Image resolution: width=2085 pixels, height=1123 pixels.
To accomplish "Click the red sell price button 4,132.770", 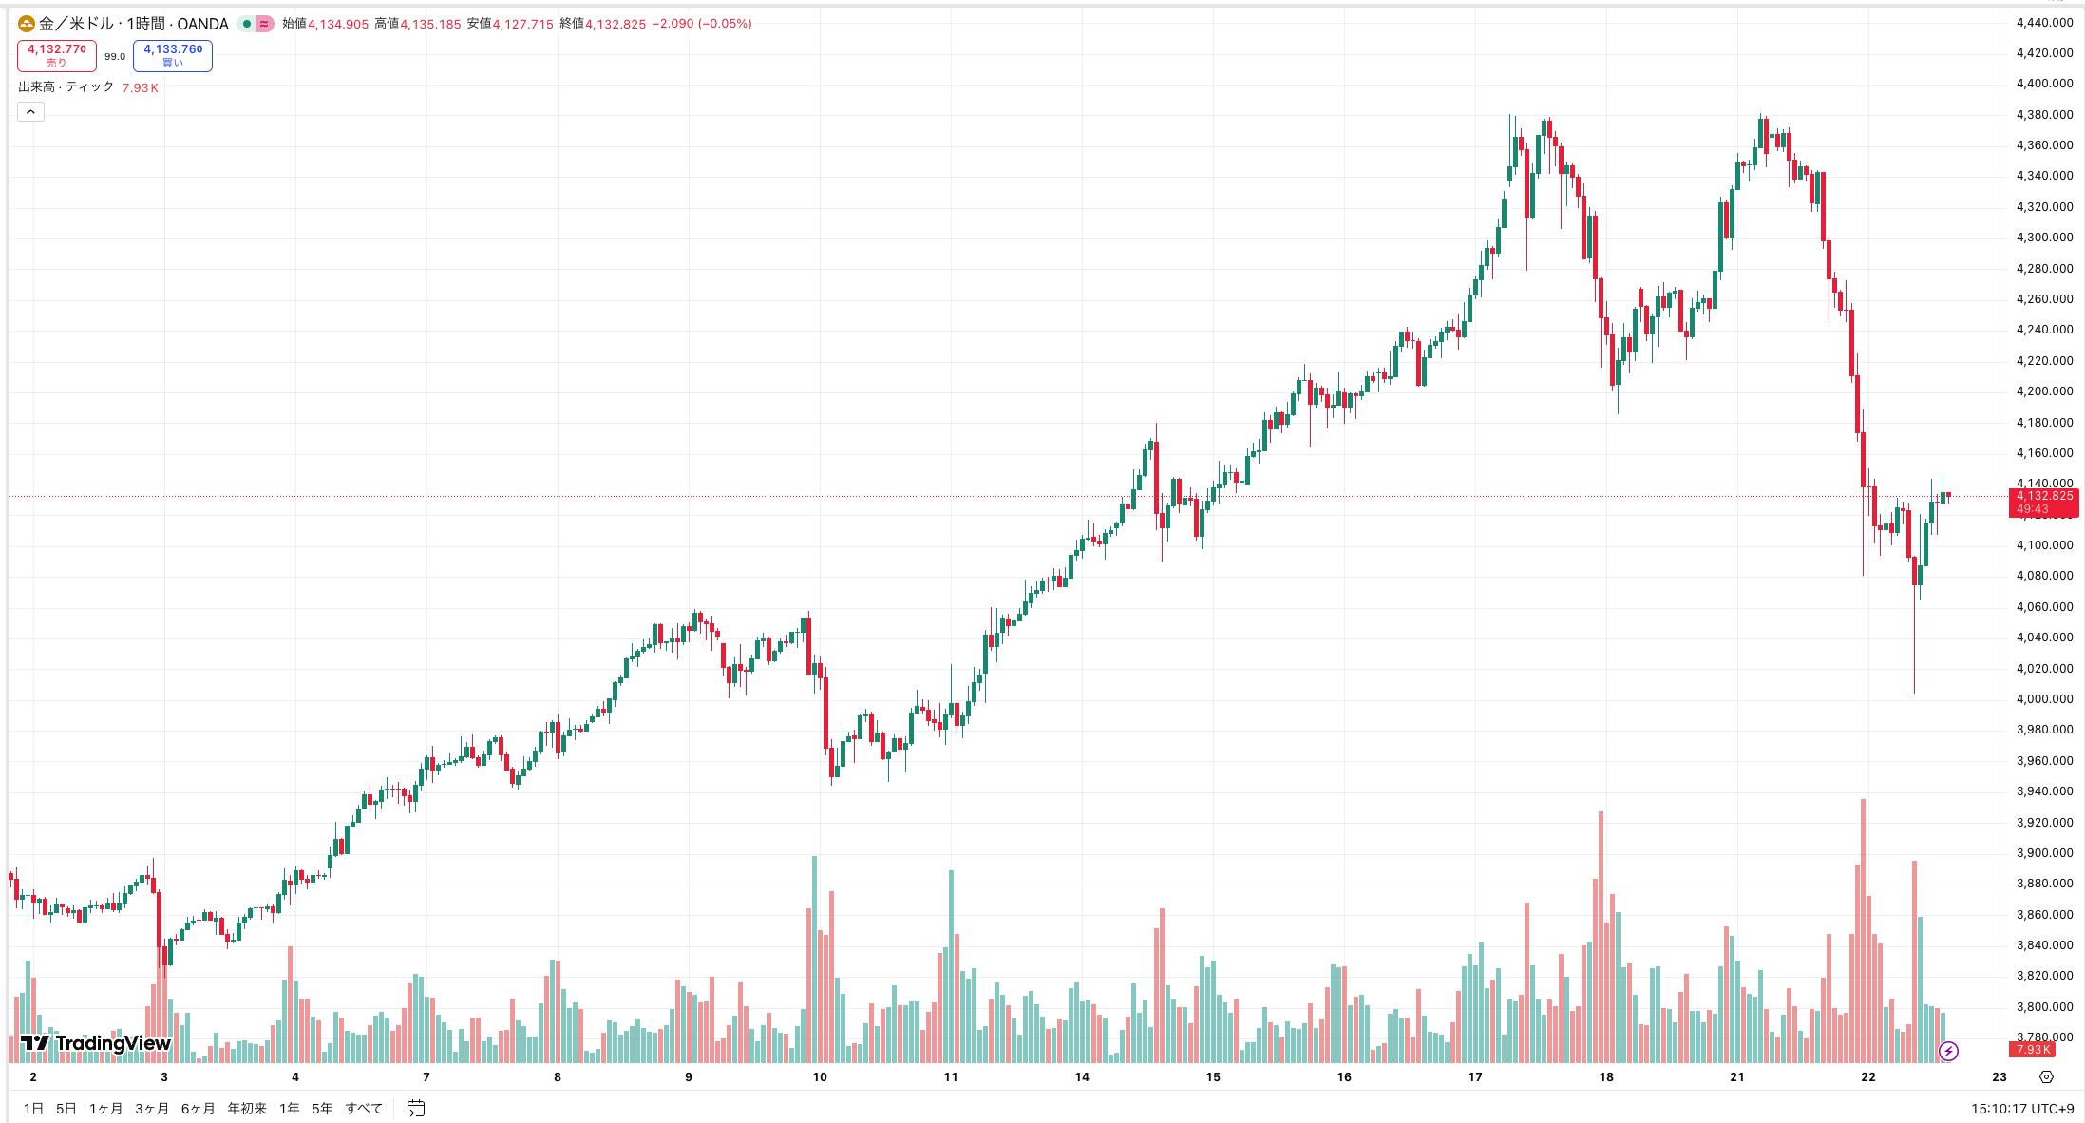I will tap(57, 55).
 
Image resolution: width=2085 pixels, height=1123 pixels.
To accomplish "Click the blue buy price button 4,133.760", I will tap(173, 55).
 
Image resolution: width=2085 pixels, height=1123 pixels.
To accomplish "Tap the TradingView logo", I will tap(95, 1043).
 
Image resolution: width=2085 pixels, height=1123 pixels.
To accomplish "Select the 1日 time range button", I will tap(33, 1108).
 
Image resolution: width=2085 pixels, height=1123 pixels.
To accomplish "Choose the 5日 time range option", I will tap(66, 1108).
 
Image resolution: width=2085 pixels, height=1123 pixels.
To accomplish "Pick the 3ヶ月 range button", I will tap(152, 1108).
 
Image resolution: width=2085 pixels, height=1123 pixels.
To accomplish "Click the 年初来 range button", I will tap(247, 1108).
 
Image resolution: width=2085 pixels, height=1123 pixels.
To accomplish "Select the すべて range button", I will tap(364, 1108).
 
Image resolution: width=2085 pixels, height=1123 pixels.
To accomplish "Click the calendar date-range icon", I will tap(415, 1108).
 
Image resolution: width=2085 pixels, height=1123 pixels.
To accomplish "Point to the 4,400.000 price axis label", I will tap(2044, 84).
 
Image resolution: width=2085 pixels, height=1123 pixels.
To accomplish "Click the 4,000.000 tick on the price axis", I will tap(2044, 699).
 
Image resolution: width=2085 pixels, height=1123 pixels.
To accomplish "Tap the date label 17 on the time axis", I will tap(1475, 1076).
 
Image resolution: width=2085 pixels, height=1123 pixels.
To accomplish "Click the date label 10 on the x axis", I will tap(820, 1076).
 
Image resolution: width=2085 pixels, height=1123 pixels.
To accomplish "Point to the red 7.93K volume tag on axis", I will tap(2033, 1049).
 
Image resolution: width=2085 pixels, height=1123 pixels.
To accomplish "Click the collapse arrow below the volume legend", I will tap(30, 112).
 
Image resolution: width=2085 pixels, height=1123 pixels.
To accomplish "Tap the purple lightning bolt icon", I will tap(1948, 1051).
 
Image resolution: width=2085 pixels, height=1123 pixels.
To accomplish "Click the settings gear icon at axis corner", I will tap(2046, 1076).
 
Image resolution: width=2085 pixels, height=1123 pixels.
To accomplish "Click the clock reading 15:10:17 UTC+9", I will tap(2022, 1108).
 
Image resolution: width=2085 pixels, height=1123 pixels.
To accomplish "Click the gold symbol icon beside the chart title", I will tap(27, 24).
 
